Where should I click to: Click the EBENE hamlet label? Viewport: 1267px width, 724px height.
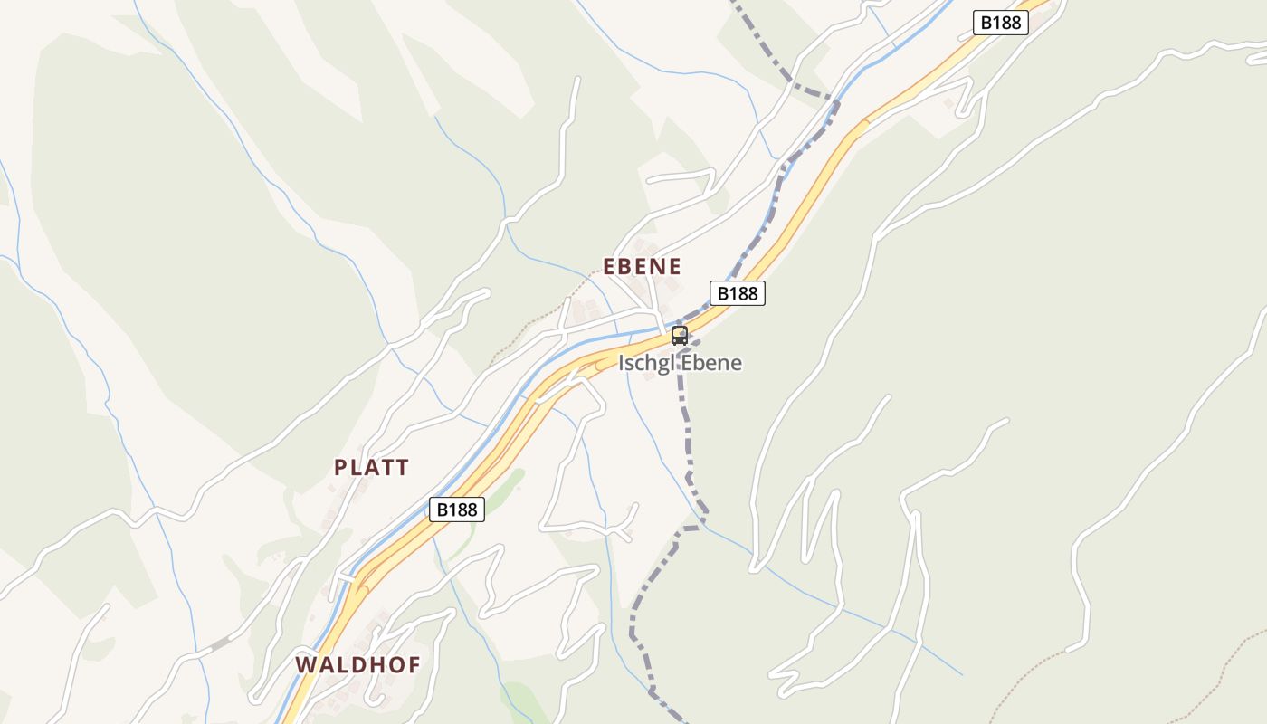coord(642,266)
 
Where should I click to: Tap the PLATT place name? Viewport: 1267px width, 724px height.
coord(371,468)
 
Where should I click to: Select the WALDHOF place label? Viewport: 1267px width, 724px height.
coord(357,665)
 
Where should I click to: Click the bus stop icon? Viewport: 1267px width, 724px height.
coord(680,336)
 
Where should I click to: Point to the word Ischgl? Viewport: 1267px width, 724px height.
coord(646,364)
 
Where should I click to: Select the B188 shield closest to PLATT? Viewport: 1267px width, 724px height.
coord(456,510)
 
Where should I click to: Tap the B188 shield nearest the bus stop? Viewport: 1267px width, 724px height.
coord(738,293)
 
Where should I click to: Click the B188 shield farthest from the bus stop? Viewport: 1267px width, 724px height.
coord(1001,23)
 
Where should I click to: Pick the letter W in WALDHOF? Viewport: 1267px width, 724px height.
coord(306,665)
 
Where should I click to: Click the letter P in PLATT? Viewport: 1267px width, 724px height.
coord(341,468)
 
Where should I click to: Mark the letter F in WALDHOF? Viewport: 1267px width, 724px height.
coord(414,665)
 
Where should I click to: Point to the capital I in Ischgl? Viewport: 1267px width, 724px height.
coord(622,363)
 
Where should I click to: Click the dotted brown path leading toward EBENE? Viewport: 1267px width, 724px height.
coord(543,317)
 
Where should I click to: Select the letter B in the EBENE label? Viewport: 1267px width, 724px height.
coord(626,266)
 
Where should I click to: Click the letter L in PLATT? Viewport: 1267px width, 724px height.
coord(357,468)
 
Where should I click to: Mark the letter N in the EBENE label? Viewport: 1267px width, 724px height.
coord(658,266)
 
